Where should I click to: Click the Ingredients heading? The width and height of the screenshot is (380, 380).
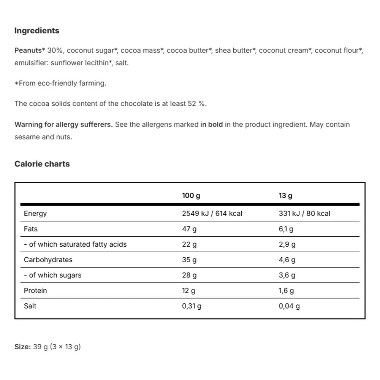click(x=37, y=31)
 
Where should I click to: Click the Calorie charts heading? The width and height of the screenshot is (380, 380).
click(x=42, y=164)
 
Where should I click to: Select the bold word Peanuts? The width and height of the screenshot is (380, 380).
click(x=28, y=50)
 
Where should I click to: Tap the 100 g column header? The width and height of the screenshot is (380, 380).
click(x=191, y=196)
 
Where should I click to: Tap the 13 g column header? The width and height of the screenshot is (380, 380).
click(x=285, y=196)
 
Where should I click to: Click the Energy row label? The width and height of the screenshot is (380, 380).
click(x=35, y=214)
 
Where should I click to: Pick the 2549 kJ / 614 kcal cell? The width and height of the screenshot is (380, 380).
click(x=212, y=214)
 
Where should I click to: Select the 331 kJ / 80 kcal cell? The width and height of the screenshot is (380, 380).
click(x=304, y=214)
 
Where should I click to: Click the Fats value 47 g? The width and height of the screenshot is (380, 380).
click(x=190, y=229)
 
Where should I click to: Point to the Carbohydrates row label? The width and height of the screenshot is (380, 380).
click(x=48, y=260)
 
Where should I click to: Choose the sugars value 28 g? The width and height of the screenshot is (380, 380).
click(x=189, y=275)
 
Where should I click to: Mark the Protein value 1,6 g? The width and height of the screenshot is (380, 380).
click(x=286, y=291)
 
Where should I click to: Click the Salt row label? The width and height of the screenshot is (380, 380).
click(x=30, y=306)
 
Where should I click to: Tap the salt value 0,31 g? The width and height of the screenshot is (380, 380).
click(x=192, y=306)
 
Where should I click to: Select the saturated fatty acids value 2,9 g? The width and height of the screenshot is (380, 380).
click(x=287, y=244)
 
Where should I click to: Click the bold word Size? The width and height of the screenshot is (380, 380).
click(x=22, y=347)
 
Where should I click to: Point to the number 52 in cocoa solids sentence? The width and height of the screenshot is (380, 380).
click(x=192, y=104)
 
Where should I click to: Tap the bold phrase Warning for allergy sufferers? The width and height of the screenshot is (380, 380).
click(x=63, y=125)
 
